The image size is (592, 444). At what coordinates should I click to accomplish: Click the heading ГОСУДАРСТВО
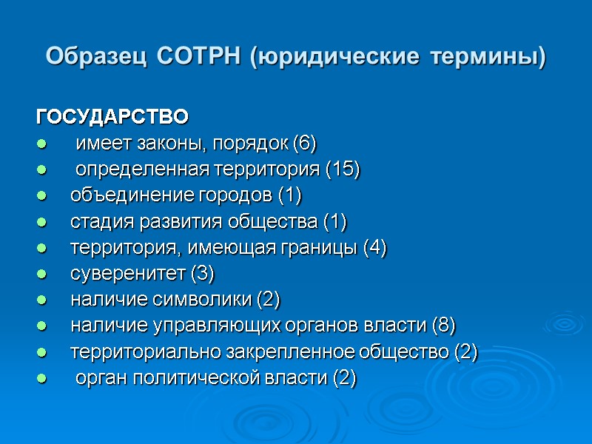(112, 117)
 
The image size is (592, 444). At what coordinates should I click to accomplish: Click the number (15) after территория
(343, 169)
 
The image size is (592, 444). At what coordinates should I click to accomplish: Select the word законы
(154, 144)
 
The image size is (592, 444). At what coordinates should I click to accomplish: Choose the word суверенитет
(128, 274)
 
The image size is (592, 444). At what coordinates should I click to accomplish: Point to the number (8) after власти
(444, 326)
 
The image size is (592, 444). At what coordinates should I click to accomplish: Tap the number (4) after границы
(374, 248)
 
